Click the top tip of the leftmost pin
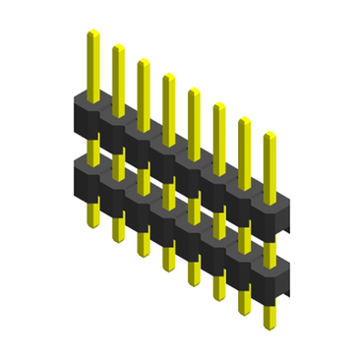click(92, 32)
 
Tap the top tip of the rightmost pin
click(269, 135)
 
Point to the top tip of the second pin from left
click(118, 47)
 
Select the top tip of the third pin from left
click(143, 61)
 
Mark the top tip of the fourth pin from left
click(168, 76)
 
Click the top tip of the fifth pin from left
click(194, 90)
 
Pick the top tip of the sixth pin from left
click(218, 105)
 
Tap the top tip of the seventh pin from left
click(244, 120)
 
